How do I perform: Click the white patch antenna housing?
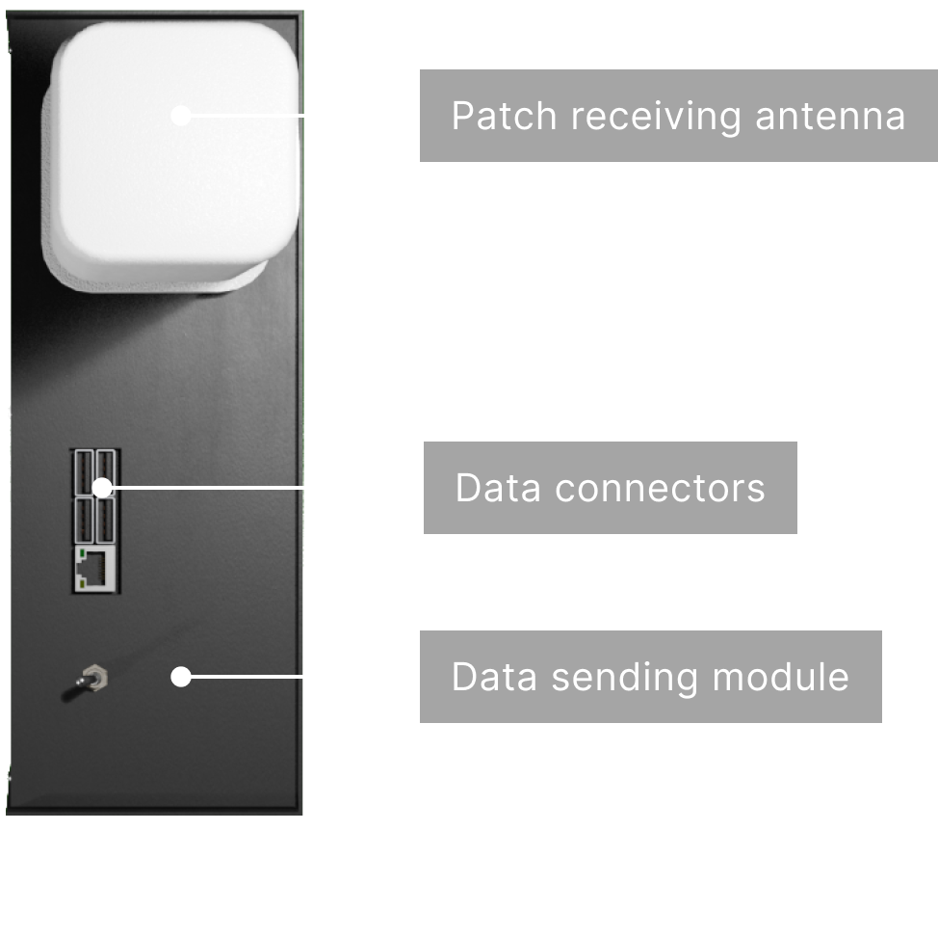(x=170, y=157)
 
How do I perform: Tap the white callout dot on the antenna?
(x=181, y=115)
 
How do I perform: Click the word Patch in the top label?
(x=505, y=116)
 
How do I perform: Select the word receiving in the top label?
(x=656, y=117)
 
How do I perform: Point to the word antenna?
(x=830, y=117)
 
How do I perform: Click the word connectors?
(x=660, y=488)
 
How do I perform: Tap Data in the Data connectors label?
(x=498, y=488)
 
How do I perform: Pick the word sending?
(x=625, y=678)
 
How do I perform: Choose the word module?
(x=781, y=677)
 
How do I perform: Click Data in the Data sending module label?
(x=494, y=677)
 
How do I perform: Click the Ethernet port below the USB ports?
(x=94, y=569)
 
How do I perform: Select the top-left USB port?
(x=83, y=472)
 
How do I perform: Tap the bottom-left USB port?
(x=83, y=520)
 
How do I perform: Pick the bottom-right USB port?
(x=105, y=520)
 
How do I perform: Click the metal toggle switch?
(x=86, y=683)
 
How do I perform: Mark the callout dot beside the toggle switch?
(x=181, y=677)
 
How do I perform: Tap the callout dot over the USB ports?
(x=102, y=488)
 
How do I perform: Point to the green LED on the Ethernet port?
(x=81, y=551)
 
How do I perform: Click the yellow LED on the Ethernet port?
(x=81, y=582)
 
